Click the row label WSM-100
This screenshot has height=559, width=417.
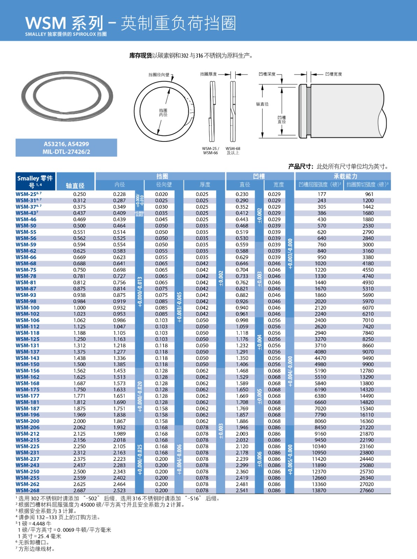(x=28, y=308)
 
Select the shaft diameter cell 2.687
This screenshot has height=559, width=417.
(x=79, y=491)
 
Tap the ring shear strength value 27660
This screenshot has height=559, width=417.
(x=367, y=491)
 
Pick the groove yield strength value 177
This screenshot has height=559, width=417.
(x=322, y=194)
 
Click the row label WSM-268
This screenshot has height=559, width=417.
(x=28, y=491)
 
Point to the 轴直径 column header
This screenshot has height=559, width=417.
(x=75, y=186)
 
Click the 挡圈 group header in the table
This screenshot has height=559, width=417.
(x=162, y=176)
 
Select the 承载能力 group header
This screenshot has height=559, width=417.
(x=345, y=176)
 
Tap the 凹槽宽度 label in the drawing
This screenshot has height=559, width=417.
(x=333, y=74)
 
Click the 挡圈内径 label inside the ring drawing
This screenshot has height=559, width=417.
(x=163, y=112)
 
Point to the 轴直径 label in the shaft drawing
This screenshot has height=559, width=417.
(x=262, y=104)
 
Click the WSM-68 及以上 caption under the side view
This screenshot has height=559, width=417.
(x=233, y=151)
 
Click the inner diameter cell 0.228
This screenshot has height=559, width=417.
(x=119, y=194)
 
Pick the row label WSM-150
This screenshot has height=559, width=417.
(x=28, y=364)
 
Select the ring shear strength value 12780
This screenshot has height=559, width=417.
(x=367, y=371)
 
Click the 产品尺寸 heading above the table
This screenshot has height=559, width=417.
(x=301, y=167)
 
